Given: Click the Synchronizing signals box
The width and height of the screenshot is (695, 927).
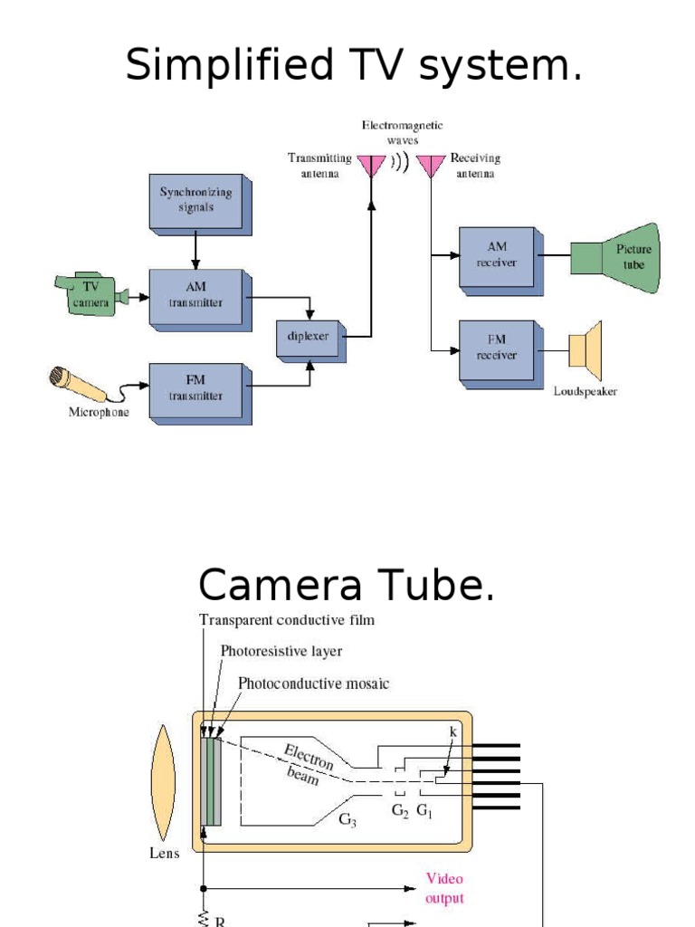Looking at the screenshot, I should [196, 202].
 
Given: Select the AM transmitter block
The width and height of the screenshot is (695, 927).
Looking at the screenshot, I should [196, 295].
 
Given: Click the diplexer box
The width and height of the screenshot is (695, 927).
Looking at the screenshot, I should [309, 336].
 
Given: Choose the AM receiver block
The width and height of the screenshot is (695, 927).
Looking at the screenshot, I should [497, 255].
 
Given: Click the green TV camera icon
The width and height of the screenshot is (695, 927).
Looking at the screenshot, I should [91, 295].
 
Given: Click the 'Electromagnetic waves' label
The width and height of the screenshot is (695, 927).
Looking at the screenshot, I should [402, 132].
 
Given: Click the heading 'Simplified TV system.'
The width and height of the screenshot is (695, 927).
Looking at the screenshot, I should [354, 65].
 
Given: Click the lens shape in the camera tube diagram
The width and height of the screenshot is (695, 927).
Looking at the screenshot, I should [164, 783].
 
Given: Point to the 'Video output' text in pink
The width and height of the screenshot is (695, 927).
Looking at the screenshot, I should [444, 888].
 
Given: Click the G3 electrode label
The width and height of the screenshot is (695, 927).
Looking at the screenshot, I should [347, 820].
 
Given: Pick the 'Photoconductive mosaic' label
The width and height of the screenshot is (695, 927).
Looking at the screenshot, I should [313, 683].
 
